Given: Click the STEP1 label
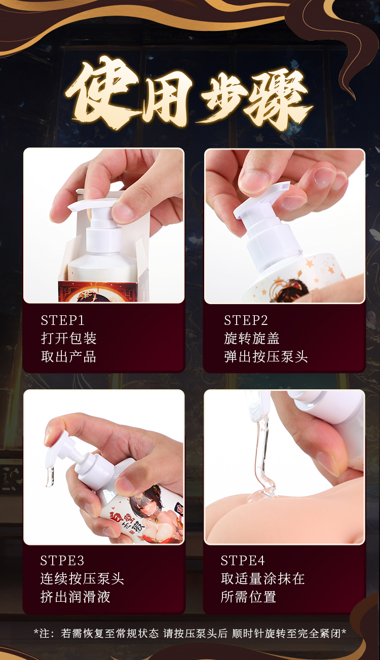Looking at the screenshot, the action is [x=62, y=320].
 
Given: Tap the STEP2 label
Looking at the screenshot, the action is [x=246, y=320].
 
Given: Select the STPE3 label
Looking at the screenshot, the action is [x=62, y=561].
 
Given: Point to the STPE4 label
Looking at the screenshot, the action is [x=243, y=561].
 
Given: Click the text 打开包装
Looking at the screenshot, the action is [x=68, y=338].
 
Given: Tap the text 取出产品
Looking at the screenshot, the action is [x=68, y=356].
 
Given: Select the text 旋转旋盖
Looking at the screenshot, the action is [x=252, y=338].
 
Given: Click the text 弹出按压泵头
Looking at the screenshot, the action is [x=265, y=356].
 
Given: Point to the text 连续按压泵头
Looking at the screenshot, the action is [x=82, y=579].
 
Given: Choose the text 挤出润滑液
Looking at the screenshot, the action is [x=75, y=597].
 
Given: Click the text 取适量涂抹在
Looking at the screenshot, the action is [x=263, y=579].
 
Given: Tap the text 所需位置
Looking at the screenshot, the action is [x=249, y=597].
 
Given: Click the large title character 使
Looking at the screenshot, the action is [x=102, y=93].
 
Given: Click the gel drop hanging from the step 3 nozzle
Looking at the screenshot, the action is [x=50, y=478].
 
